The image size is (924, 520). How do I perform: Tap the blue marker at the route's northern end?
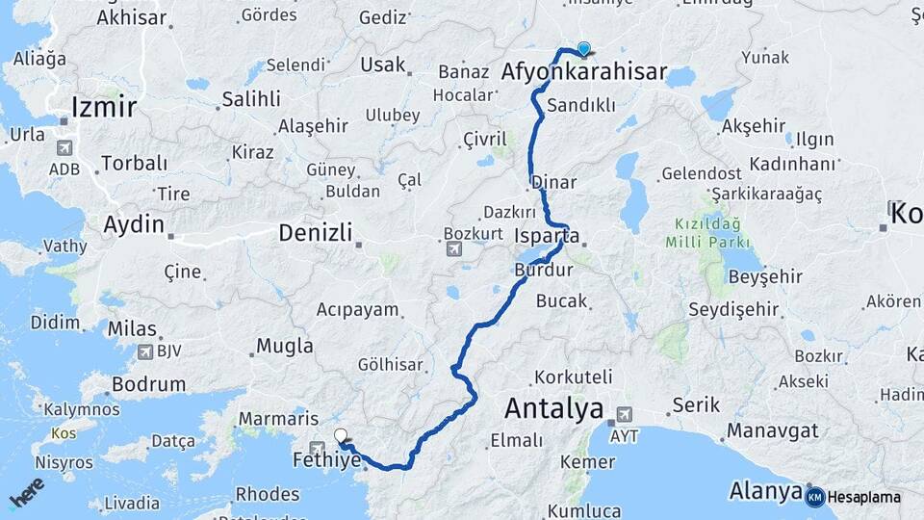583,49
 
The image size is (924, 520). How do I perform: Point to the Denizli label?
315,232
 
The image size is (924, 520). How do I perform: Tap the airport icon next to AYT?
623,414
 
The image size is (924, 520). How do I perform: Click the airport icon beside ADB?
65,148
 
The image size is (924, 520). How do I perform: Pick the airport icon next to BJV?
145,352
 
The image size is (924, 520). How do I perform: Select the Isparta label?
547,236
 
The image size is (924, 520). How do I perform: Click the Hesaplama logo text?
863,497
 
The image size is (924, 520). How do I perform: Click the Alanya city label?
766,490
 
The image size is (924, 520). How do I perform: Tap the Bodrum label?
148,384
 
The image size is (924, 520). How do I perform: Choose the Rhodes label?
268,494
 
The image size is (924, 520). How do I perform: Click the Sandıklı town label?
579,105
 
